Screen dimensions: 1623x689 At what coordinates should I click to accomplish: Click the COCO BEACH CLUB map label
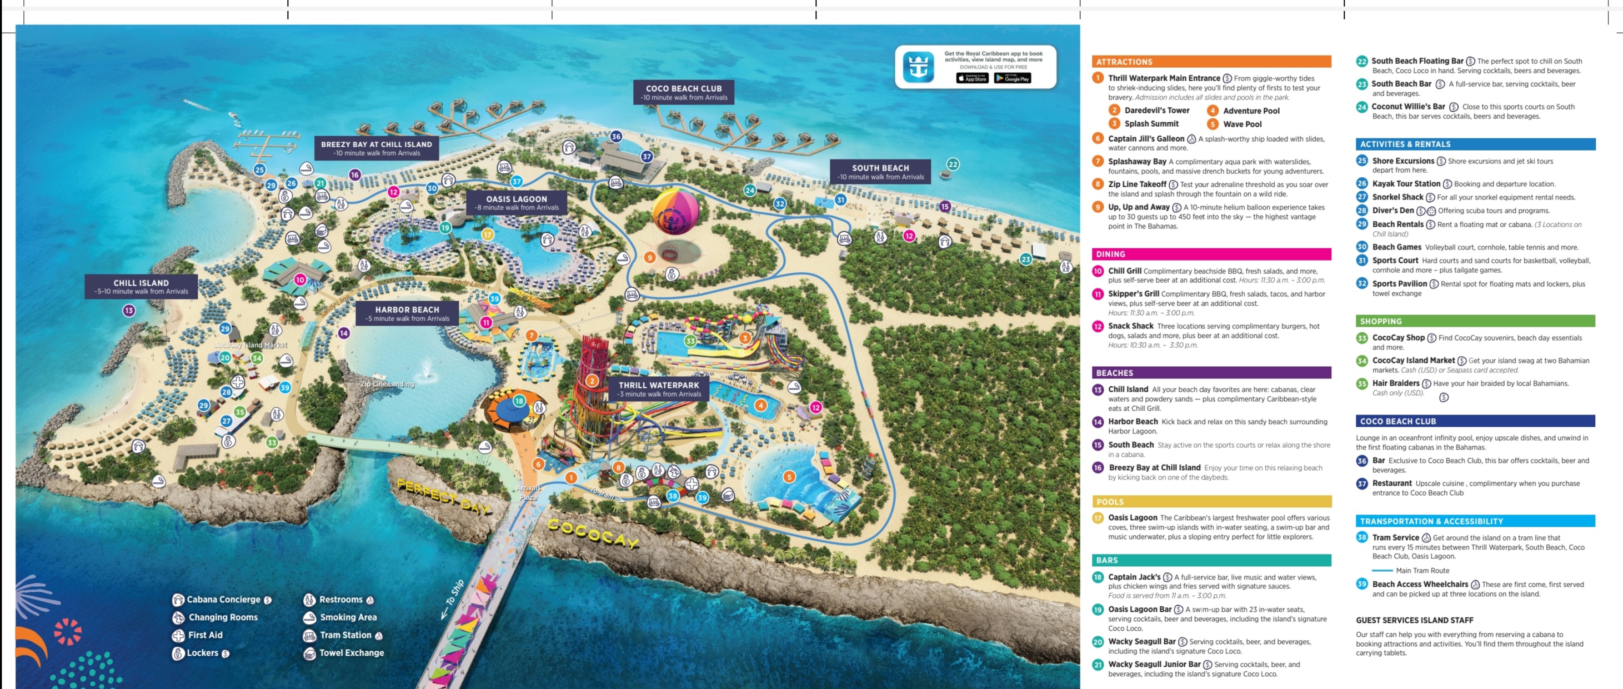pos(684,92)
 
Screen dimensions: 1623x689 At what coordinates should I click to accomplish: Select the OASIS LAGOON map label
pos(517,202)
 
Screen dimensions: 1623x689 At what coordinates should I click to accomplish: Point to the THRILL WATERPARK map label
pos(658,389)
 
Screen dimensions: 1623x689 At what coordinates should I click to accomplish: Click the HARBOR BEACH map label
pos(407,313)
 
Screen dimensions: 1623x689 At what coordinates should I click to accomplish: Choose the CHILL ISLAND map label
pos(141,286)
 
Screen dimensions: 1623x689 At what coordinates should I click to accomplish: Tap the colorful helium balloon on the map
pos(675,212)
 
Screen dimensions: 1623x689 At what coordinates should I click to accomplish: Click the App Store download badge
pos(972,78)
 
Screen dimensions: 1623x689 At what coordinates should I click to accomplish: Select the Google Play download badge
pos(1012,78)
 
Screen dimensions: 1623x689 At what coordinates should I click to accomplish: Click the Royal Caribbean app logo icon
pos(918,66)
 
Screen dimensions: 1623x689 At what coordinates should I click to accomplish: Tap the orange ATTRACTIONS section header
pos(1211,62)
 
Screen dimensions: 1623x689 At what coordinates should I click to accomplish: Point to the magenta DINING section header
pos(1211,254)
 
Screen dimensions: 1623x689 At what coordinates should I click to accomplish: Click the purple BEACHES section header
pos(1211,372)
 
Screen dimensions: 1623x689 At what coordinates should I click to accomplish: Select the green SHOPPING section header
pos(1475,321)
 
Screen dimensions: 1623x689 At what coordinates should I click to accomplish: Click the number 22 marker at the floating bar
pos(953,164)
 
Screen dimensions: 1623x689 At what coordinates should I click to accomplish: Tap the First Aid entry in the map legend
pos(205,635)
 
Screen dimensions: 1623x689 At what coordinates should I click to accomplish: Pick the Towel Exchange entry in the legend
pos(351,653)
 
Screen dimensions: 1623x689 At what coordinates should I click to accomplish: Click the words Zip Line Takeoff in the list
pos(1137,184)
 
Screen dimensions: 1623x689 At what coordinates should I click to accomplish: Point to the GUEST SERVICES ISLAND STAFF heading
pos(1415,620)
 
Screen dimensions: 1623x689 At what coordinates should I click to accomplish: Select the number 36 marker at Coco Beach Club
pos(615,136)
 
